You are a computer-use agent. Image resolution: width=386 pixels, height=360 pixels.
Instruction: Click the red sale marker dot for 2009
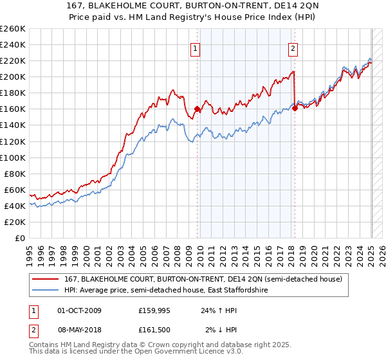pyautogui.click(x=197, y=109)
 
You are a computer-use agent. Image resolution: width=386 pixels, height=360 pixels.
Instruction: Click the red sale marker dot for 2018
pyautogui.click(x=295, y=108)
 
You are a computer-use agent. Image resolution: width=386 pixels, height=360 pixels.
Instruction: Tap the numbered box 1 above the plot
pyautogui.click(x=195, y=47)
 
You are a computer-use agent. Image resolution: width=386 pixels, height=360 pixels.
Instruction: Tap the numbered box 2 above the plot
pyautogui.click(x=293, y=47)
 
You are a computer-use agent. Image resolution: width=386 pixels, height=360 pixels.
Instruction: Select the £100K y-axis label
pyautogui.click(x=12, y=157)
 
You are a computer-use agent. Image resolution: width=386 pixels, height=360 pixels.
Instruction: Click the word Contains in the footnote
pyautogui.click(x=46, y=345)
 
